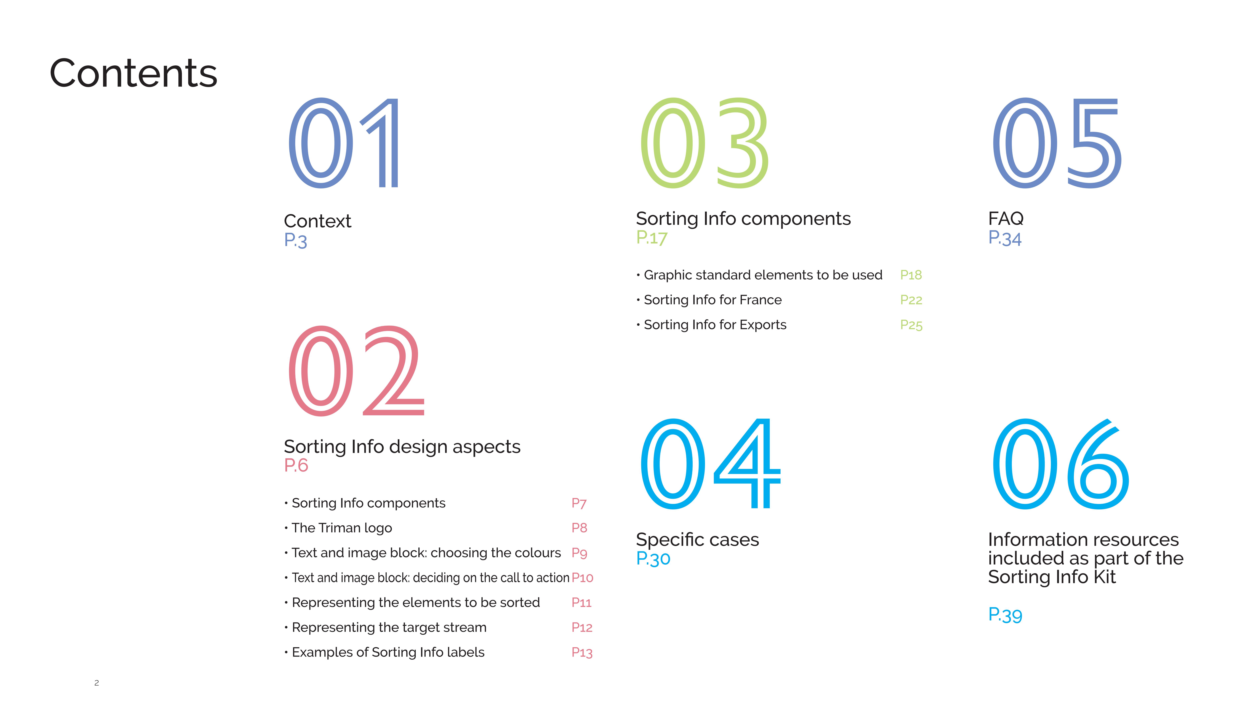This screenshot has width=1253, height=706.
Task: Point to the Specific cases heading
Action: pos(697,540)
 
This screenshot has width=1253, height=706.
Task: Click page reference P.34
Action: pos(1005,238)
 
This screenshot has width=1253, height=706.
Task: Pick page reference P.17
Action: pos(652,238)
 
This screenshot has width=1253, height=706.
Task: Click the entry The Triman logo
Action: pos(342,528)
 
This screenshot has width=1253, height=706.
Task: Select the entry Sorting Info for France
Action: pos(713,300)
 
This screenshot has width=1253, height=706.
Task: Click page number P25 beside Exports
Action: pos(911,325)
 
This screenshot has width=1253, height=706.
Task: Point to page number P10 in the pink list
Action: pos(582,578)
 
